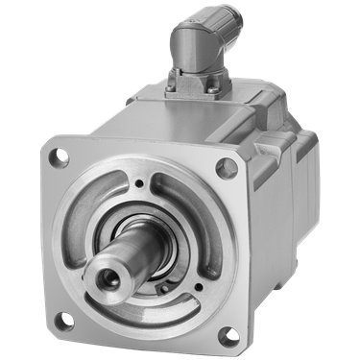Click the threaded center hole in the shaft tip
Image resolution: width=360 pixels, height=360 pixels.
coord(103,280)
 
